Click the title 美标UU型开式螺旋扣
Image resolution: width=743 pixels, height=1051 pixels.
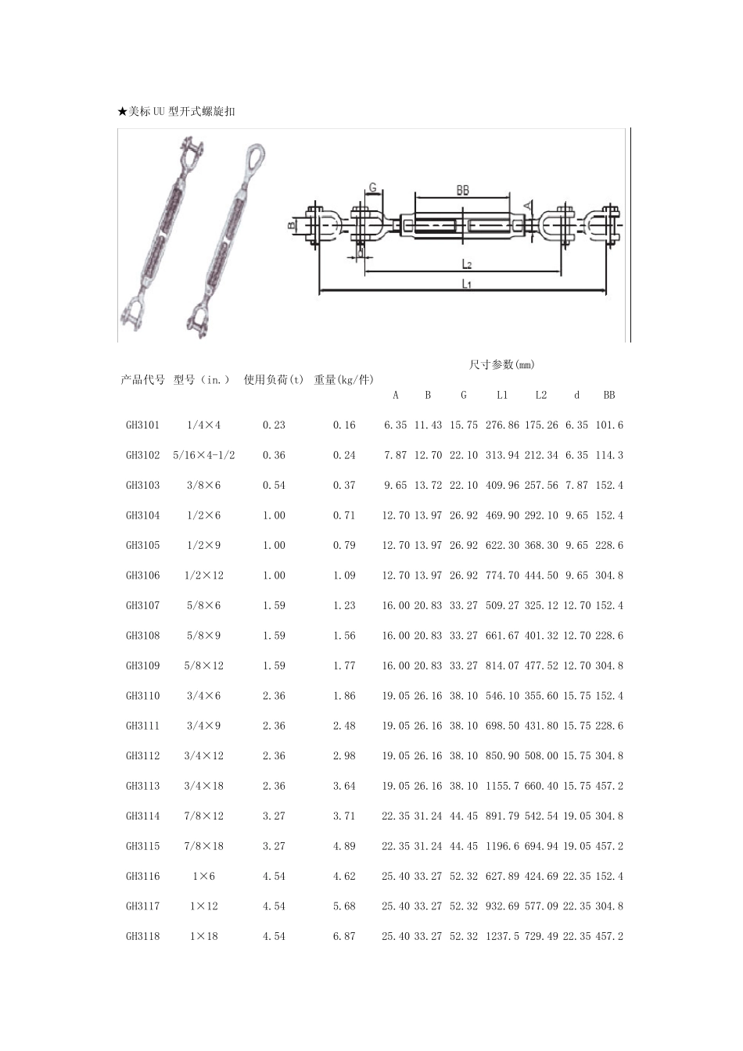pyautogui.click(x=176, y=112)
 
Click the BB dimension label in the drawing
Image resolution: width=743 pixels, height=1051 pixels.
pyautogui.click(x=462, y=190)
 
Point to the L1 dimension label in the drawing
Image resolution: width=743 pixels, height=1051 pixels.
pyautogui.click(x=466, y=284)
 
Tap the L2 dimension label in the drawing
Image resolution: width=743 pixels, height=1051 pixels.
pyautogui.click(x=466, y=264)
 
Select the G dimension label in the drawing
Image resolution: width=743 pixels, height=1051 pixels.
pyautogui.click(x=373, y=188)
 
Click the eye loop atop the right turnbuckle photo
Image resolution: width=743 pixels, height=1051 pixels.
pyautogui.click(x=256, y=156)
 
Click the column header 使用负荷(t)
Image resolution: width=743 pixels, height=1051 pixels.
pyautogui.click(x=274, y=380)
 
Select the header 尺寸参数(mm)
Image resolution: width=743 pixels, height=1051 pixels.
pyautogui.click(x=501, y=364)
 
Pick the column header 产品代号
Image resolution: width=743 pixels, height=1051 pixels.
pyautogui.click(x=142, y=380)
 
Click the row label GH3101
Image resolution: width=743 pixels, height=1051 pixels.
pyautogui.click(x=142, y=425)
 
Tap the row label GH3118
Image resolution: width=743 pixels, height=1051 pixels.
pyautogui.click(x=142, y=936)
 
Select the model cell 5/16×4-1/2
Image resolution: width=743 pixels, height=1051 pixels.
pyautogui.click(x=203, y=455)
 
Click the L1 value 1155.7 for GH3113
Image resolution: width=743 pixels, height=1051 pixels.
pyautogui.click(x=502, y=786)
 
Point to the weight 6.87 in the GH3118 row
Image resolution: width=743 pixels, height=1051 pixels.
pyautogui.click(x=344, y=936)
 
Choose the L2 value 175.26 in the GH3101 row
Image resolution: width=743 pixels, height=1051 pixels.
pyautogui.click(x=541, y=425)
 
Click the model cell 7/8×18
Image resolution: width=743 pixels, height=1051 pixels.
pyautogui.click(x=203, y=846)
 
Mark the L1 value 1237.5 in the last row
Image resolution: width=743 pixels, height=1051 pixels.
pyautogui.click(x=502, y=936)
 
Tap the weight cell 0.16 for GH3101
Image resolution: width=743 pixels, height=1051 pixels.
pyautogui.click(x=344, y=425)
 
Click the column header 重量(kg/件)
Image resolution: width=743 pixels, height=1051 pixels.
pyautogui.click(x=343, y=380)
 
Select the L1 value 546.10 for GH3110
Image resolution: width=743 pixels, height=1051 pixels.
pyautogui.click(x=502, y=696)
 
